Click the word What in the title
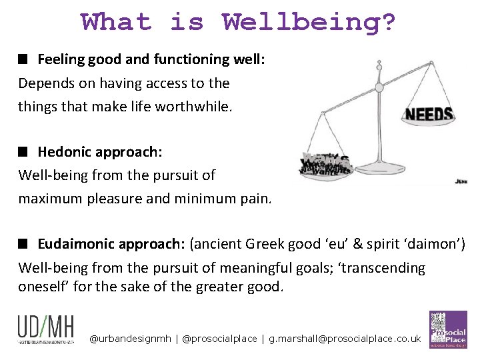click(x=117, y=21)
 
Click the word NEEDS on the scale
click(x=429, y=114)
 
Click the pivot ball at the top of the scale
click(x=379, y=86)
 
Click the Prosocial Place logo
click(x=447, y=329)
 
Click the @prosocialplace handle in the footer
click(x=219, y=339)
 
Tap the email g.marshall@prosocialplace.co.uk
click(x=345, y=339)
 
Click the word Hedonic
click(x=65, y=151)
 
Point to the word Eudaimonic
click(x=75, y=243)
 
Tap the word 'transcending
click(x=385, y=268)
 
